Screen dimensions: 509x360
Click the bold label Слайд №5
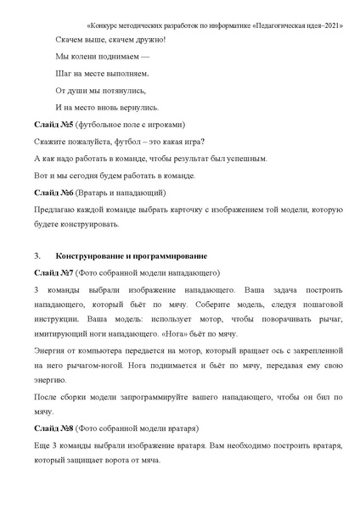53,126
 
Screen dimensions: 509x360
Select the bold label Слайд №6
53,193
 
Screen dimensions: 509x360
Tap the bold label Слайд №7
53,273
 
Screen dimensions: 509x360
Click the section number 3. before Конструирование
38,255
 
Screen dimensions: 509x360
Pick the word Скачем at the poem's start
70,39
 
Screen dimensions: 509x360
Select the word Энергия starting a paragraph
53,351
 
